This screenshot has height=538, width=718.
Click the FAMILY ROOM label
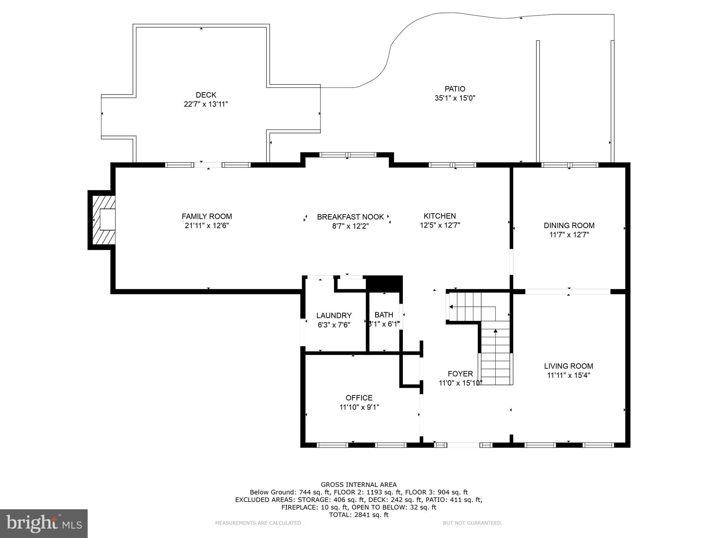pos(207,216)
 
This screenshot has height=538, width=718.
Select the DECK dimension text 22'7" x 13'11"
pos(206,104)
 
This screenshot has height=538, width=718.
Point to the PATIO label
pos(455,89)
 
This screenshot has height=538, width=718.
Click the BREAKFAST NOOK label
pos(350,217)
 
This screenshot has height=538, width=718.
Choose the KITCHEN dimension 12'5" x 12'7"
pos(440,226)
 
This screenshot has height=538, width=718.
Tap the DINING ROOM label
pos(569,226)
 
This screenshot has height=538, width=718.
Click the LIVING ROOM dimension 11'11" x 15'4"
pos(568,375)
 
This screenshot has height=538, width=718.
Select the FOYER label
pos(460,374)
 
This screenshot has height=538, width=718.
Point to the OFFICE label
pos(359,398)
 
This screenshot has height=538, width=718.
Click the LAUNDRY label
pos(334,316)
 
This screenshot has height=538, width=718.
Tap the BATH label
pos(384,315)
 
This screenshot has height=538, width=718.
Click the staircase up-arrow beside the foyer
pos(495,331)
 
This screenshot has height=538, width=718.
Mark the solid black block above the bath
pos(384,283)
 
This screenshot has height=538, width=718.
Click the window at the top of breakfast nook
pos(348,155)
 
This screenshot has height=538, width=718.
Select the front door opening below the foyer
pos(463,445)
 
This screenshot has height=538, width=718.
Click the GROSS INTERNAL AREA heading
pos(359,485)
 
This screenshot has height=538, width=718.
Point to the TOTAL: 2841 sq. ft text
pos(359,515)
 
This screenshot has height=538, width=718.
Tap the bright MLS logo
pos(44,523)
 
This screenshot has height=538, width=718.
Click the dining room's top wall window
pos(569,165)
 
